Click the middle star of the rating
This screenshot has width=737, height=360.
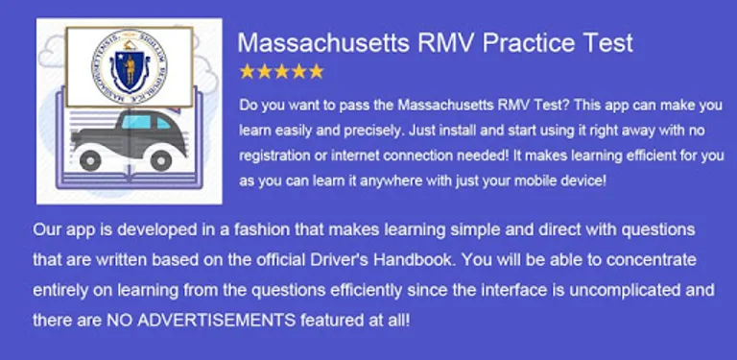tap(281, 71)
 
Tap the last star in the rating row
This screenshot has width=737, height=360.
tap(316, 71)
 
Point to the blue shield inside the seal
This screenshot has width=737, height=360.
tap(124, 66)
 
